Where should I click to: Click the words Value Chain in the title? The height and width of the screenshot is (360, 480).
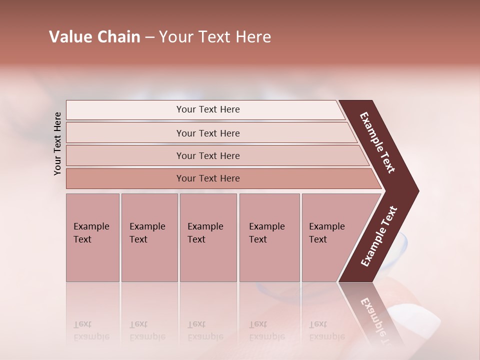[x=94, y=37]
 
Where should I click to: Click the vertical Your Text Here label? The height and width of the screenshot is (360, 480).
[x=57, y=143]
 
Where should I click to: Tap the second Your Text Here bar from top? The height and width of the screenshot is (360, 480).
[x=208, y=133]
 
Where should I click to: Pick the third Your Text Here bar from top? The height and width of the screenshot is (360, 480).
[x=208, y=155]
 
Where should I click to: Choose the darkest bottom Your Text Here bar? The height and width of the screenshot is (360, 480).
[x=208, y=178]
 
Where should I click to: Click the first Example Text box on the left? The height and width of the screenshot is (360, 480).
[x=92, y=237]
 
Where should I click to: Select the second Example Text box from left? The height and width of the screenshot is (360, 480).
[x=149, y=237]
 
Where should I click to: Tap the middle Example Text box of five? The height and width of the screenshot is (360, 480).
[x=208, y=237]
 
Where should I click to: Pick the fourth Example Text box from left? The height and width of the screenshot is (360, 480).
[x=269, y=237]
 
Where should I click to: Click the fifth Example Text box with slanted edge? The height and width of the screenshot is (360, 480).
[x=330, y=237]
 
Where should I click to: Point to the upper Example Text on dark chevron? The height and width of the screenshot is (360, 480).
[x=377, y=142]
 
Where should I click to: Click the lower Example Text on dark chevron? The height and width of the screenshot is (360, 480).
[x=379, y=236]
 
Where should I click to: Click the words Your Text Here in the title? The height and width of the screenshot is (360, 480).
[x=215, y=37]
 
